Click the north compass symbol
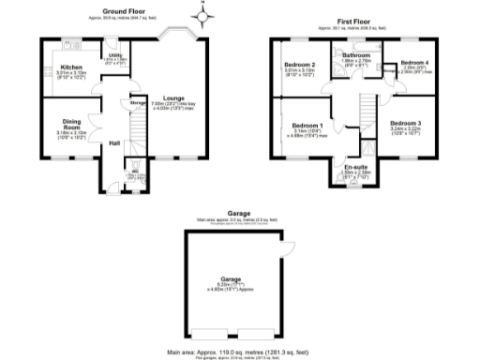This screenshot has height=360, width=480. click(203, 14)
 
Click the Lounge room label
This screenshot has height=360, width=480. click(172, 97)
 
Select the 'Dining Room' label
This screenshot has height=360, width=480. click(72, 122)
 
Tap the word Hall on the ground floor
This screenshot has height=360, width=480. click(114, 143)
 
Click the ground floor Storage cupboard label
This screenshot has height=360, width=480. click(137, 102)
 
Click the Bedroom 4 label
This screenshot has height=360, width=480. click(413, 63)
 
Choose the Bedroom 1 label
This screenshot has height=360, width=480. click(307, 126)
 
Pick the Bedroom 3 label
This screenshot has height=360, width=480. click(406, 124)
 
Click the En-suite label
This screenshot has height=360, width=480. click(357, 167)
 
